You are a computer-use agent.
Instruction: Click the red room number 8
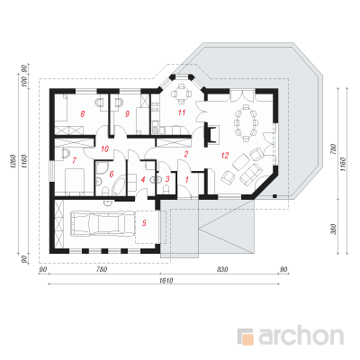(x=83, y=113)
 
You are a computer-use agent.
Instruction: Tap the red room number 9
(x=127, y=113)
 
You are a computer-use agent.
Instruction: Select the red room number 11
(x=182, y=112)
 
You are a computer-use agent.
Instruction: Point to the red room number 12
(x=225, y=156)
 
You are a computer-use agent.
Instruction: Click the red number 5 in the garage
(x=144, y=223)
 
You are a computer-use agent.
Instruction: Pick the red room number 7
(x=74, y=160)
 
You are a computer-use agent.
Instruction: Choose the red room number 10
(x=104, y=148)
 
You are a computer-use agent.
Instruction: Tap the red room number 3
(x=167, y=179)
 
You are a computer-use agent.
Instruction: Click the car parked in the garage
(x=98, y=223)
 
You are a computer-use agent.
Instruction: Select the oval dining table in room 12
(x=246, y=122)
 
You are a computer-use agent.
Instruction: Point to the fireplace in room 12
(x=211, y=134)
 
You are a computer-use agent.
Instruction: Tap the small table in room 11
(x=181, y=94)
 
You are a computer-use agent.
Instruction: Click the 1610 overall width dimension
(x=165, y=281)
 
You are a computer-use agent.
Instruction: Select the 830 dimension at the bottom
(x=223, y=269)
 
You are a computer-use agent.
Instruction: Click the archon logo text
(x=301, y=337)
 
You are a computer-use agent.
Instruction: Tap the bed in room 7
(x=74, y=182)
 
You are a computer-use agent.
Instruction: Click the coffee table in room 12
(x=241, y=162)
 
